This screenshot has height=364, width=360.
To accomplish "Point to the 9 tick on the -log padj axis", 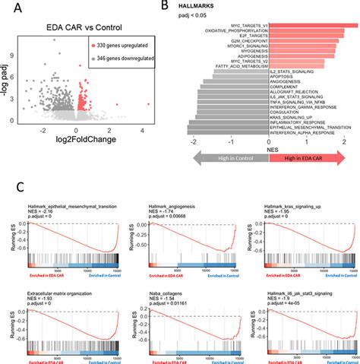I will tap(22, 55).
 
